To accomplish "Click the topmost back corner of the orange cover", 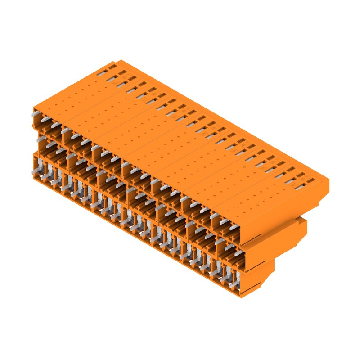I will tap(118, 60).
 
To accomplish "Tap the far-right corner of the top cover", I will tap(329, 180).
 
